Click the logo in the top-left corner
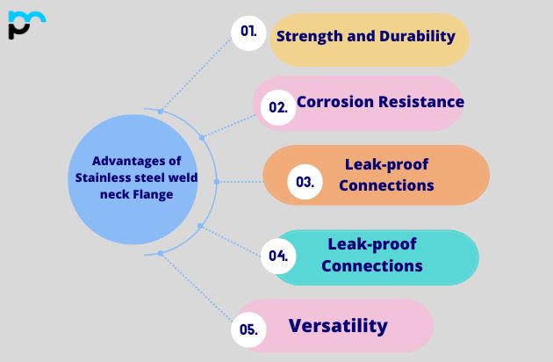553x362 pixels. tap(25, 25)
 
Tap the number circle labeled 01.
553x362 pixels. tap(248, 32)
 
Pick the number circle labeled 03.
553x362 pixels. tap(305, 183)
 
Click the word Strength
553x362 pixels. tap(309, 36)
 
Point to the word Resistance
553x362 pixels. tap(420, 101)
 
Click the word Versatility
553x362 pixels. tap(338, 325)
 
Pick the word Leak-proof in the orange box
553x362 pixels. tap(386, 164)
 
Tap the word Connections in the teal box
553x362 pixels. tap(372, 265)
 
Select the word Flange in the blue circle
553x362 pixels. tap(154, 195)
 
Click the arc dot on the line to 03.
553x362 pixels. tap(216, 182)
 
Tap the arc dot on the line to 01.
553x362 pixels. tap(160, 112)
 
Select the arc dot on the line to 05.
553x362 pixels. tap(160, 253)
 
